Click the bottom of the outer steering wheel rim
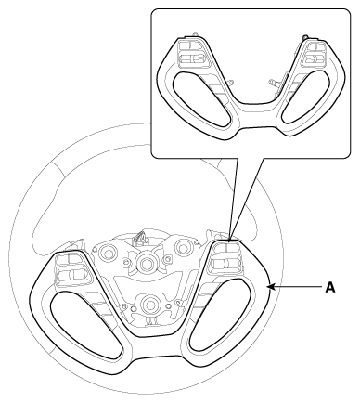pyautogui.click(x=148, y=394)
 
